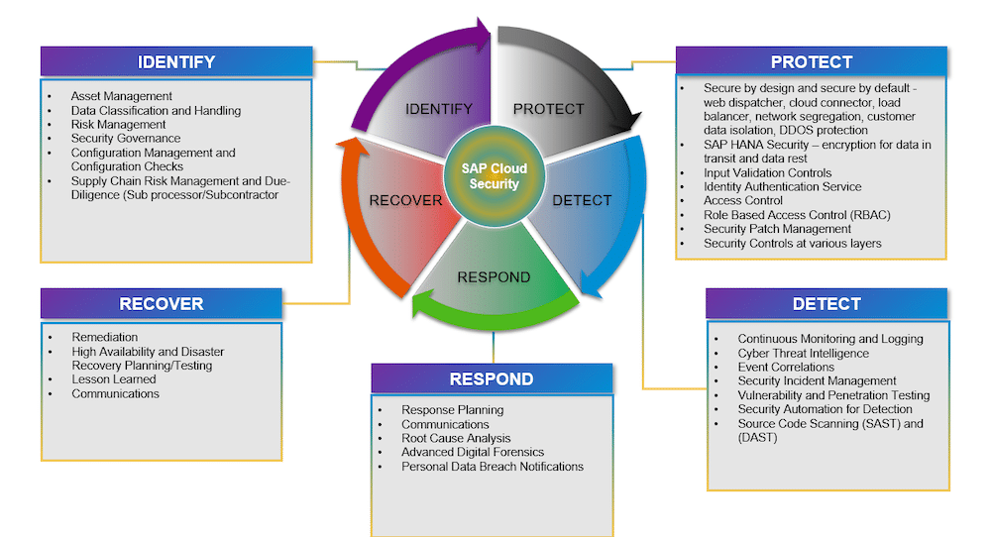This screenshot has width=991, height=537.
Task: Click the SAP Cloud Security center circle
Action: coord(495,176)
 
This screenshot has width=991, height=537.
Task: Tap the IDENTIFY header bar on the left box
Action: coord(176,61)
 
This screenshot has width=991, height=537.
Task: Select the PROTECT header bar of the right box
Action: coord(812,61)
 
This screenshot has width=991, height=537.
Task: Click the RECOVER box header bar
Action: coord(162,304)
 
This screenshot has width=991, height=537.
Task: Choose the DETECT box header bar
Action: coord(826,304)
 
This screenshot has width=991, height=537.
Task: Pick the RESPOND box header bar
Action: coord(492,379)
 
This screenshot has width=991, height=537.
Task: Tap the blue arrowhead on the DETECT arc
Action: coord(591,285)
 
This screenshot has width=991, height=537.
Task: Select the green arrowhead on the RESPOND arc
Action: coord(422,304)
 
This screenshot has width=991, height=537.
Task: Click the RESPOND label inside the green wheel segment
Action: coord(494,277)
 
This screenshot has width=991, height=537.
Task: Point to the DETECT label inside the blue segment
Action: coord(582,201)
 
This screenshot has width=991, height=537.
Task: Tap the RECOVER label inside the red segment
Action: coord(405,201)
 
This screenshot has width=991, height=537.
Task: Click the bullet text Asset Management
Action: coord(121,96)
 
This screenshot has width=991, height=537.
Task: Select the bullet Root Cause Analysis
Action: coord(456,438)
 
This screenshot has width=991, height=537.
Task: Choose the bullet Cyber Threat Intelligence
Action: coord(804,353)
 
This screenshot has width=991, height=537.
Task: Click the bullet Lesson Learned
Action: coord(114,379)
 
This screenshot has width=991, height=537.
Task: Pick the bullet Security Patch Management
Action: coord(777,229)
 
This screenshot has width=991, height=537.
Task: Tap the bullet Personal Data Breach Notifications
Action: coord(493,467)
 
